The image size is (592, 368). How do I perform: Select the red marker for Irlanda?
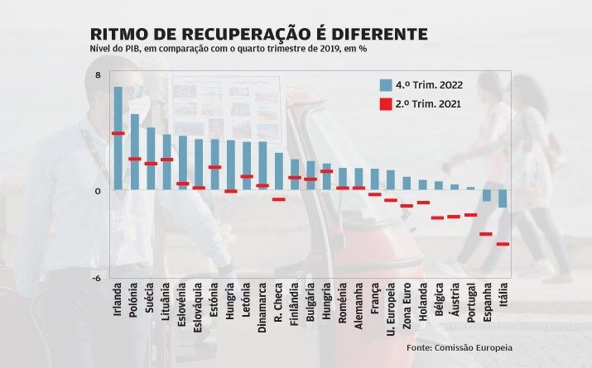click(x=118, y=133)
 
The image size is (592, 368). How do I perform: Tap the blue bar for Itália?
click(x=503, y=198)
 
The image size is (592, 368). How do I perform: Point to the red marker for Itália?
click(x=503, y=244)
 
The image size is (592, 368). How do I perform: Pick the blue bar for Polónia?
click(x=134, y=152)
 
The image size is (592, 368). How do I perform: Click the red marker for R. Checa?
click(x=278, y=199)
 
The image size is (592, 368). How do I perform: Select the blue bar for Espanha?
click(x=487, y=196)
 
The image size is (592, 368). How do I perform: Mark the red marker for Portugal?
click(x=470, y=215)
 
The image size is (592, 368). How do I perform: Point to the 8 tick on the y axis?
click(x=99, y=75)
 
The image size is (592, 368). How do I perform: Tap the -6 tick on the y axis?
click(x=97, y=277)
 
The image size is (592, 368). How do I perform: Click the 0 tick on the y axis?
click(x=98, y=190)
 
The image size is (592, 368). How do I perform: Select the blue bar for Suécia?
click(x=150, y=159)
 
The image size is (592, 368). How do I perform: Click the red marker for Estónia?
click(x=214, y=167)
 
